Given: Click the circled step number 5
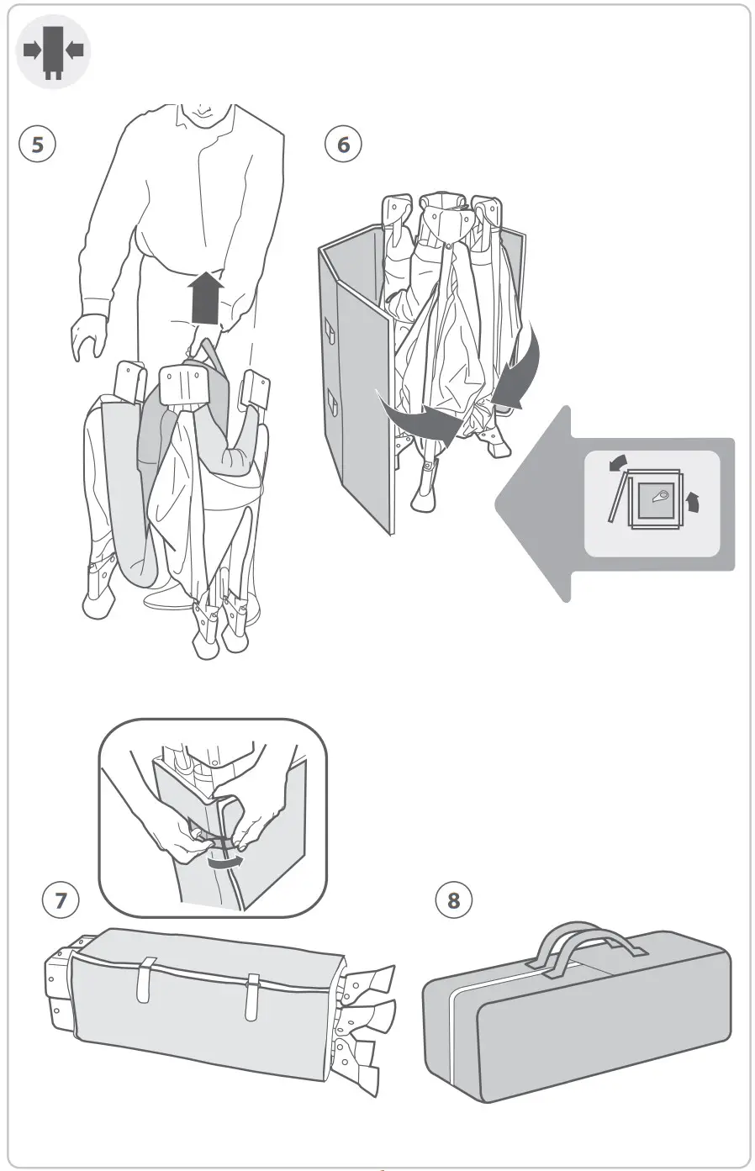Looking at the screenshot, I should coord(37,144).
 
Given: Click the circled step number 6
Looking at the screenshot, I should coord(343,144).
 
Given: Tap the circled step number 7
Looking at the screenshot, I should coord(60,900).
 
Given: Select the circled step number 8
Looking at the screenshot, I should coord(454,900).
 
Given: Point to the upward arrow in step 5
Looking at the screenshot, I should coord(207,298).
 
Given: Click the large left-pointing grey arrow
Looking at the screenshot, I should coord(538,504).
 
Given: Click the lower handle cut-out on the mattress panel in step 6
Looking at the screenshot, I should coord(334,404).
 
